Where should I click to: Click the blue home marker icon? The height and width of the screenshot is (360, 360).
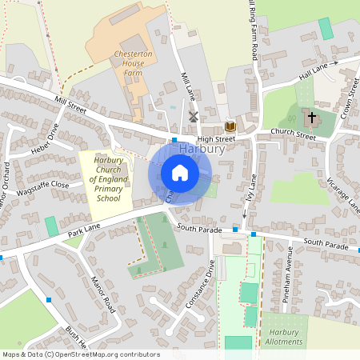pyautogui.click(x=180, y=173)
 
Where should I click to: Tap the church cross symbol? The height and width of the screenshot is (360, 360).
pyautogui.click(x=312, y=117)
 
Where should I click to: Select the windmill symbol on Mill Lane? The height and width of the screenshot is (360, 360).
pyautogui.click(x=193, y=117)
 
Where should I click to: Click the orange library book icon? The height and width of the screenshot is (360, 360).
pyautogui.click(x=230, y=126)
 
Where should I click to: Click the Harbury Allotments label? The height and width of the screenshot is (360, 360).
pyautogui.click(x=285, y=337)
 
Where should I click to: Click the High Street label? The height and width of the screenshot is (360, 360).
pyautogui.click(x=217, y=138)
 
